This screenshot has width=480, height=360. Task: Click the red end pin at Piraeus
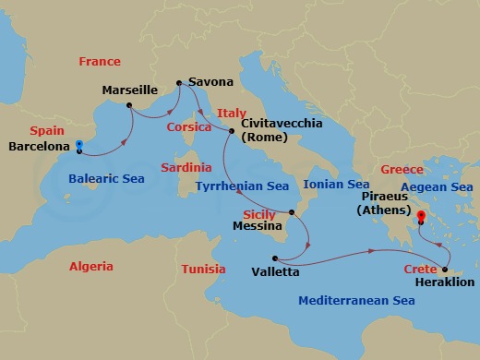pos(421,216)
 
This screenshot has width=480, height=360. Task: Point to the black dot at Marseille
pos(130,104)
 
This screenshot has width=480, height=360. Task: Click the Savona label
pos(210,81)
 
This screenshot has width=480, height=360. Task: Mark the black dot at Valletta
pos(275,258)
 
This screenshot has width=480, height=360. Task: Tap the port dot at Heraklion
pos(445,270)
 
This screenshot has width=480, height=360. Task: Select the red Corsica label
pos(189,127)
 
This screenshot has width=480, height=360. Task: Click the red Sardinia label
pos(186,168)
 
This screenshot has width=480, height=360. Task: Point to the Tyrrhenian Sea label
pos(243,186)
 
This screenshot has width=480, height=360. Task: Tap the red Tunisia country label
pos(203,270)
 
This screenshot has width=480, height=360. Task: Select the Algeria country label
pos(90,266)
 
